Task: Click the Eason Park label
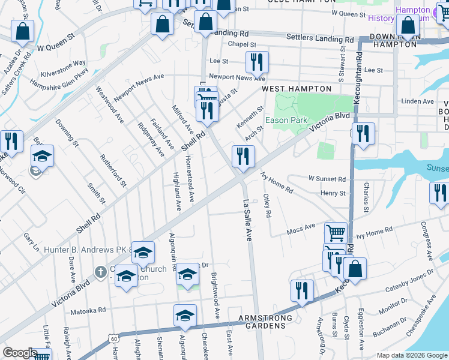click(286, 120)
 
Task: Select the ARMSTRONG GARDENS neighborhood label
click(265, 322)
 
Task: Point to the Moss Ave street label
click(301, 228)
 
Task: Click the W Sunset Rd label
click(327, 179)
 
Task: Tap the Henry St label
click(333, 193)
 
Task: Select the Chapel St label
click(242, 44)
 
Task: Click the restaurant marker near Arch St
click(243, 157)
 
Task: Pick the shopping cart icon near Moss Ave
click(336, 232)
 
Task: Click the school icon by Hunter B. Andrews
click(143, 253)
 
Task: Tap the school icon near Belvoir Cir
click(42, 156)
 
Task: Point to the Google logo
click(20, 353)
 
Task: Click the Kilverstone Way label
click(63, 62)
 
